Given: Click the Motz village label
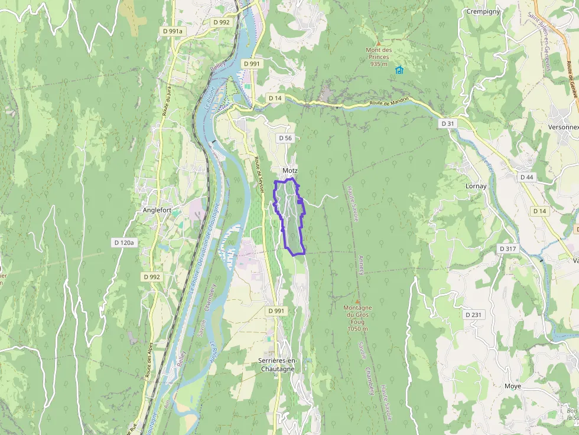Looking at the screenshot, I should coord(289,171).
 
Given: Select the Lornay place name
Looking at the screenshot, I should coord(476,186).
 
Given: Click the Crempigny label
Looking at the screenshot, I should coord(483,11).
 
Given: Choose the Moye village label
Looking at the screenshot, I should coord(513,386).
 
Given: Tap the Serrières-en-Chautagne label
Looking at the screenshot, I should coord(277,364).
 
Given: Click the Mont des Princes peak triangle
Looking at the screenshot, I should coord(379,43).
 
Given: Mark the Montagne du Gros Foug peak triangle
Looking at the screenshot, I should coord(357,302).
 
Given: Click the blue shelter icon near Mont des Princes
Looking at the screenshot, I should coord(399,70).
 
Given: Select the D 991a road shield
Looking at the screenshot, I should coord(173,31).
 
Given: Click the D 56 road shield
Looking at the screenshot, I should coord(285,138).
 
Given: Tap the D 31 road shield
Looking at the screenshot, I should coord(448,123).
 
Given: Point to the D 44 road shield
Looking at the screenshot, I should coord(526,177).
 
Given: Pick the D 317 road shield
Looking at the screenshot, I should coord(508,248).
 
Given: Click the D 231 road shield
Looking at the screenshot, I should coord(473,315).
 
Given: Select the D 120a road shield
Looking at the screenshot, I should coord(124,243).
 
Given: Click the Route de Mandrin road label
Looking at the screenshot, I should coord(389,103).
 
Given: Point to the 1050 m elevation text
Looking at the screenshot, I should coord(358,329).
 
